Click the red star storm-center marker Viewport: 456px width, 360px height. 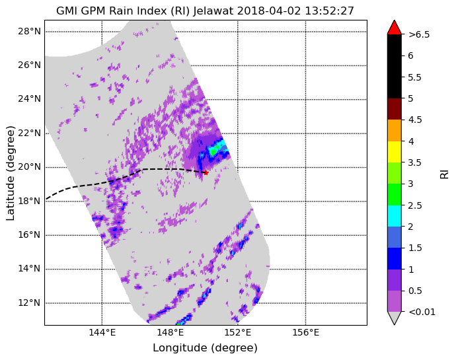click(x=206, y=172)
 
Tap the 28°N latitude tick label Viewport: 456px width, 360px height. click(x=29, y=31)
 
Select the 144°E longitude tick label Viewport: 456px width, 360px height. click(x=102, y=332)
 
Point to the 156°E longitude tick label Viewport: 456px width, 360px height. click(x=305, y=332)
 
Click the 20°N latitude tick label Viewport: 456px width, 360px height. click(x=29, y=167)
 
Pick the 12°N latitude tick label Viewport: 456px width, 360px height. click(x=29, y=303)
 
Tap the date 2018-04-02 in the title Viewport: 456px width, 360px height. click(x=269, y=11)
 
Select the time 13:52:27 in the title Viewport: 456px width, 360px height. click(x=330, y=11)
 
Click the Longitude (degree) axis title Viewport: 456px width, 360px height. click(x=205, y=348)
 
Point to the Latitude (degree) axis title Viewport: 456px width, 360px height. click(x=11, y=173)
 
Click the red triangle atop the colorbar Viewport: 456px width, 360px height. click(x=395, y=27)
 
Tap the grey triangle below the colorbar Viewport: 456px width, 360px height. click(x=395, y=318)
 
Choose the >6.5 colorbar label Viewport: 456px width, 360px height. click(x=419, y=34)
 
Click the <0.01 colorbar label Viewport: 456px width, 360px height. click(x=422, y=312)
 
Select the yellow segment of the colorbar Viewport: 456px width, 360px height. click(x=395, y=152)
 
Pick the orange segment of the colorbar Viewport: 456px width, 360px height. click(x=395, y=131)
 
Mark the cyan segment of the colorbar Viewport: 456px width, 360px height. click(x=395, y=216)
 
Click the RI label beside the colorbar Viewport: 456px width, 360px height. click(x=444, y=174)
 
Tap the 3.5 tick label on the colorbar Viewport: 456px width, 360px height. click(x=415, y=162)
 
